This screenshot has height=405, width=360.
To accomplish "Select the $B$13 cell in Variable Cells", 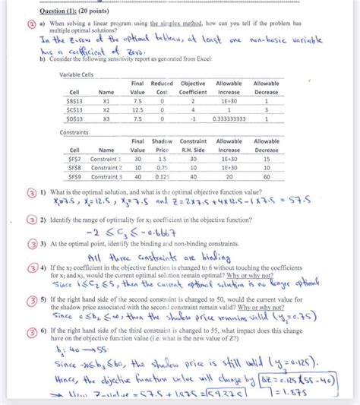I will (75, 99).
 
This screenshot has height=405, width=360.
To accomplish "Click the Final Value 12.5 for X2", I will (137, 109).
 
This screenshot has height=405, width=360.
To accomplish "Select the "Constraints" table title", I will (74, 131).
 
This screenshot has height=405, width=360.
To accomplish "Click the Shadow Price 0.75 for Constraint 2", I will (163, 166).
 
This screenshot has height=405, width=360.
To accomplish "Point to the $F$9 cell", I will (75, 176).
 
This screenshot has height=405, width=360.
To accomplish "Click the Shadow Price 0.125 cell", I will (162, 176).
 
